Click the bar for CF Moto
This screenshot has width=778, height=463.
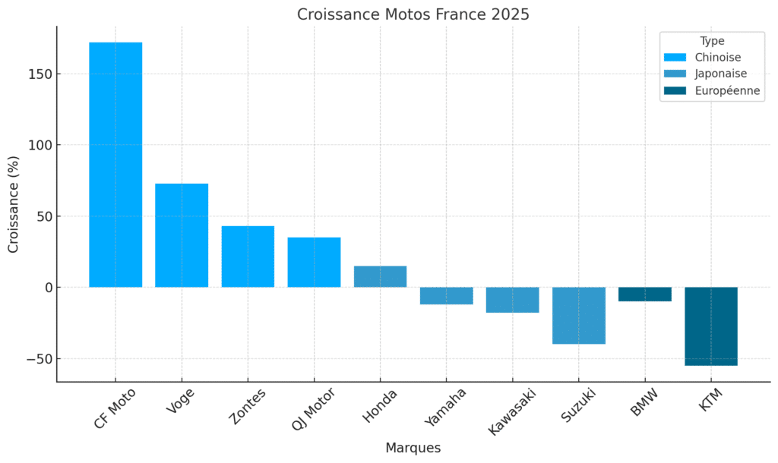(115, 165)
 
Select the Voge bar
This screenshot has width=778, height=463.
(182, 235)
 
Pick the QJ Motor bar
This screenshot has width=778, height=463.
(314, 262)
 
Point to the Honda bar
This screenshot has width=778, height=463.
(380, 276)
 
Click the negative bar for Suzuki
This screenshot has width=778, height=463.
(578, 316)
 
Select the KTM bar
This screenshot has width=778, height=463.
(711, 326)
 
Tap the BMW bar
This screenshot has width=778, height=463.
(645, 294)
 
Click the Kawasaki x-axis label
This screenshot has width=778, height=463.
(513, 411)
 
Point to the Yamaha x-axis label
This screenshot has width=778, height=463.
(447, 407)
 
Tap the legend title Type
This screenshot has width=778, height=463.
(712, 41)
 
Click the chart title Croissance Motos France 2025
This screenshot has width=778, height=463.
(413, 14)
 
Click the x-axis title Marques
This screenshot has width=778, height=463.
(413, 447)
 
